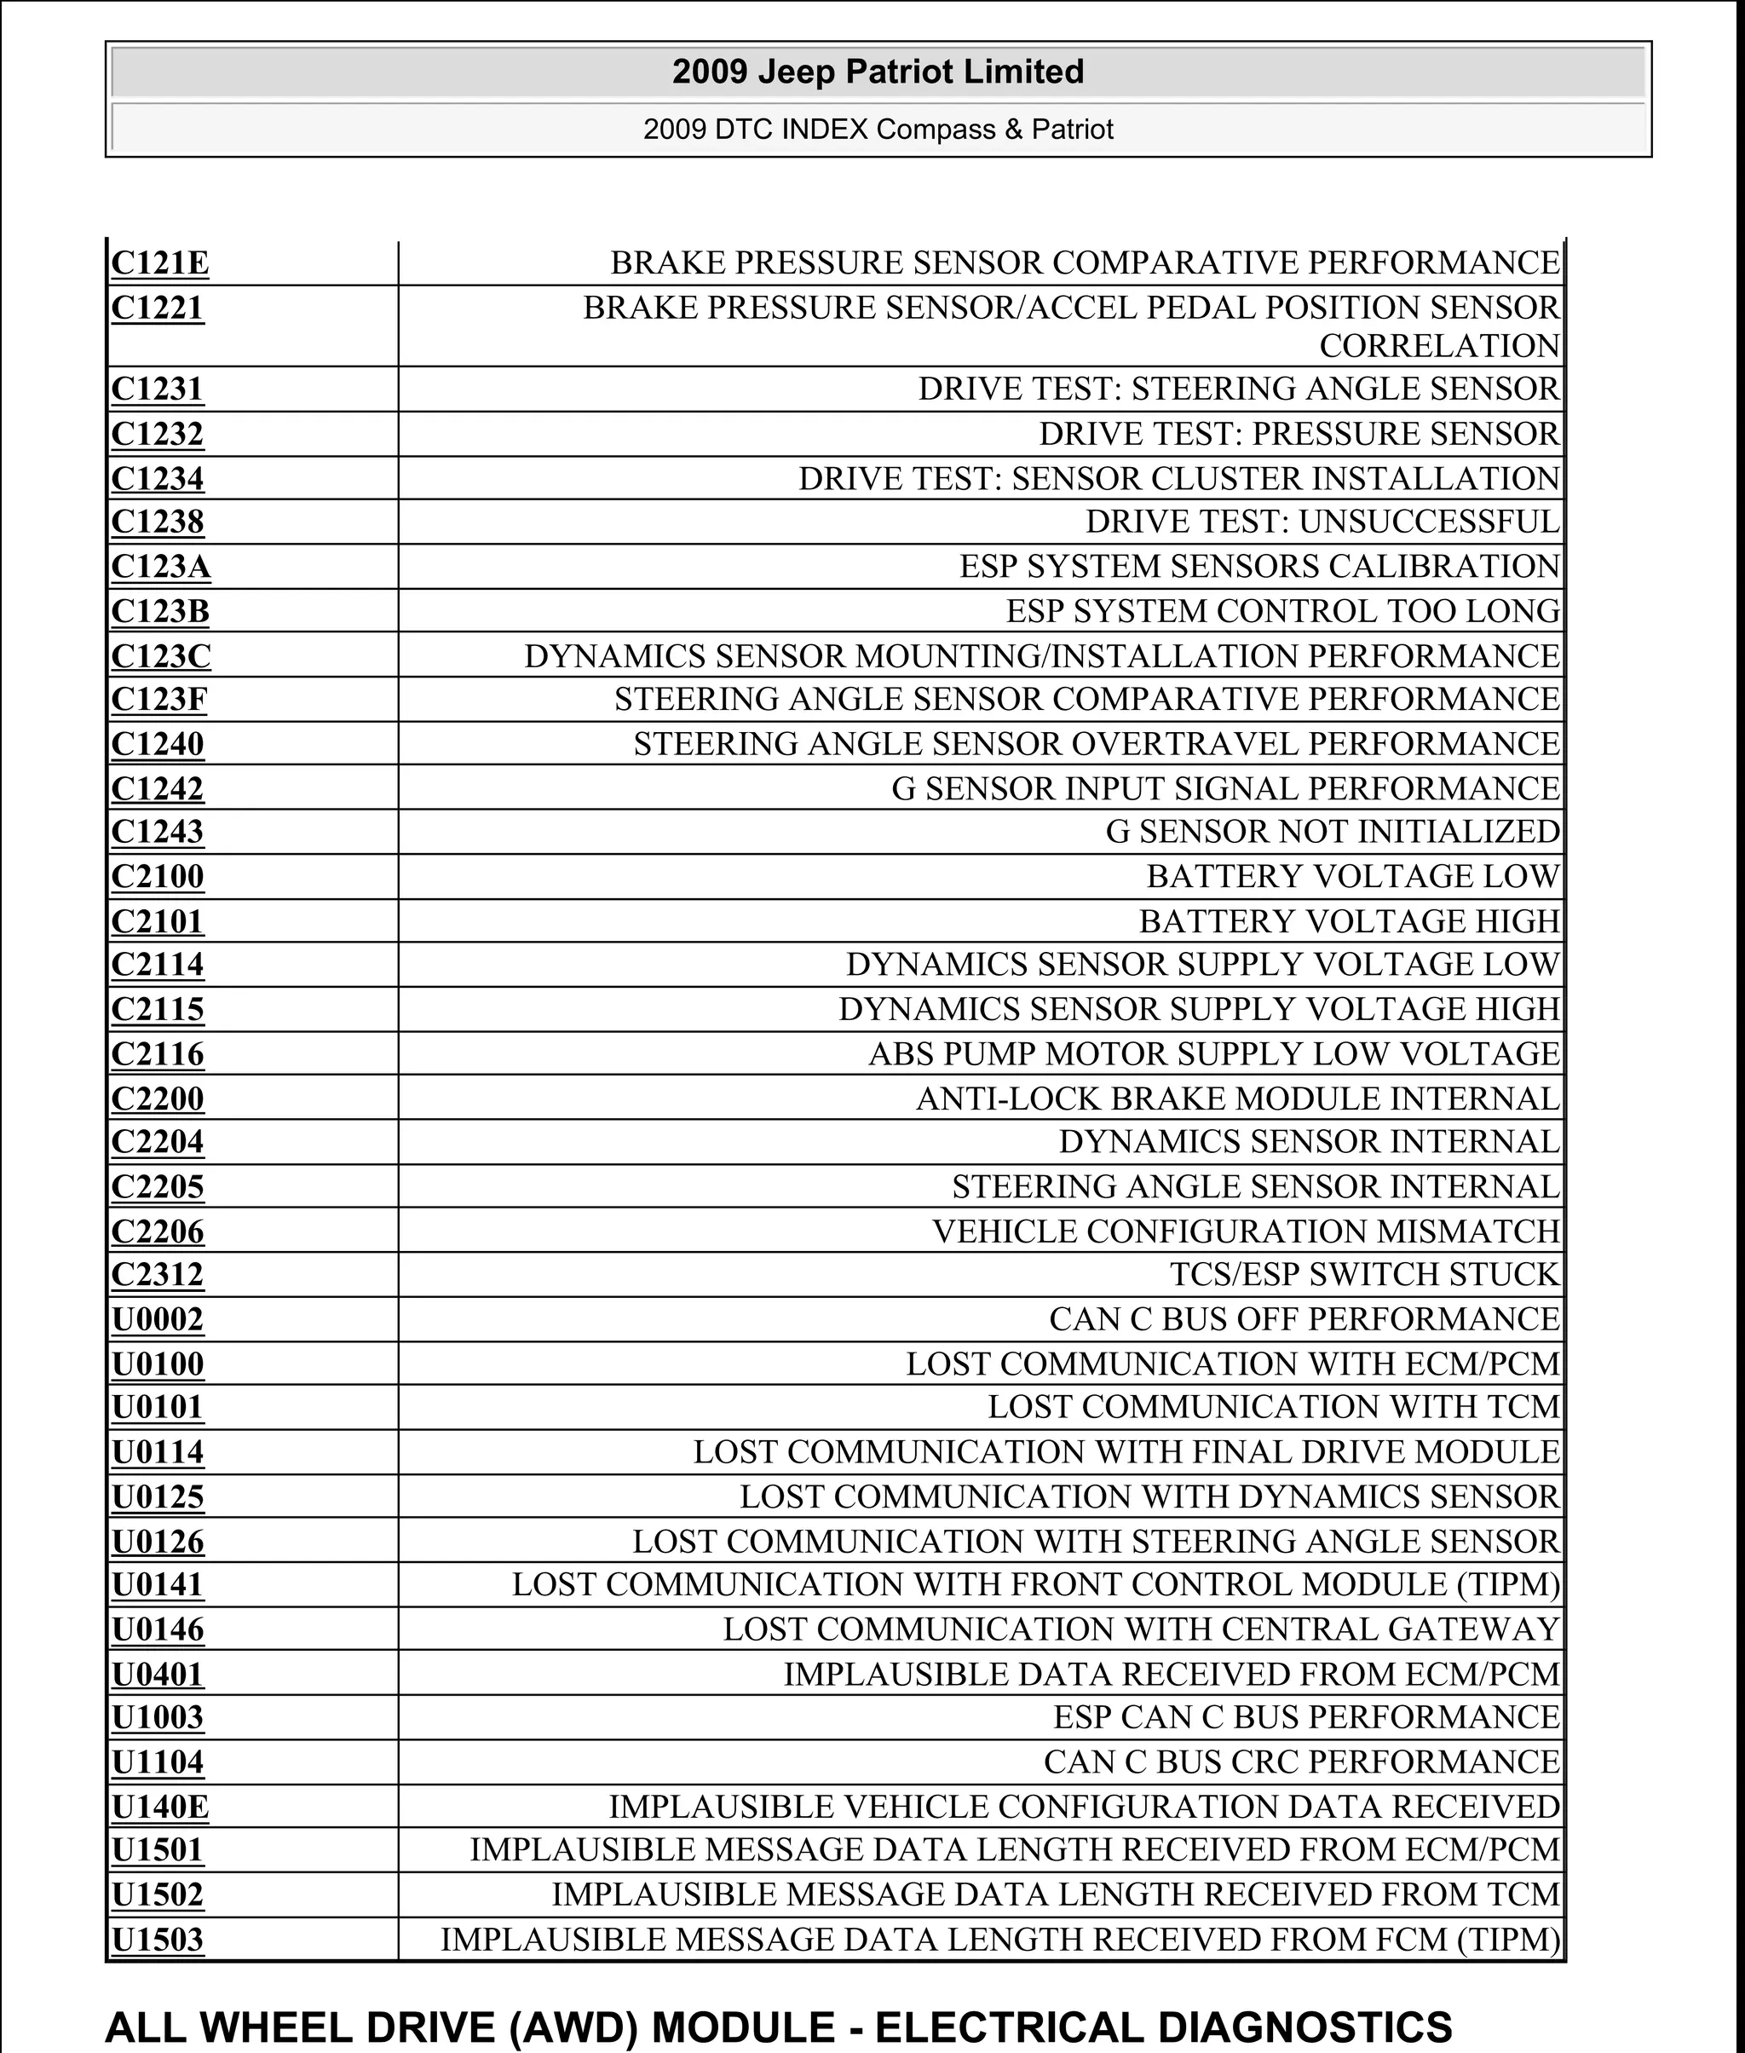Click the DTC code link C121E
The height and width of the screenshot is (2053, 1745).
(x=159, y=264)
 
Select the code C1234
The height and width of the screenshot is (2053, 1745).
(x=158, y=479)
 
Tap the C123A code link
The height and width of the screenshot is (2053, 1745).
(x=160, y=567)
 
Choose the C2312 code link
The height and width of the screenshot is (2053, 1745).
(x=158, y=1274)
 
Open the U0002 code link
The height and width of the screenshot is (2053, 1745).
(x=158, y=1320)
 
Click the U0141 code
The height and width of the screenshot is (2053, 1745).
(x=158, y=1584)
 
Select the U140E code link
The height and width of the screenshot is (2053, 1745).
(x=160, y=1807)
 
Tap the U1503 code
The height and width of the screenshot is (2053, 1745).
(x=158, y=1939)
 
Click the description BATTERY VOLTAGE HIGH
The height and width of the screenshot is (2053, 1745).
(x=1350, y=921)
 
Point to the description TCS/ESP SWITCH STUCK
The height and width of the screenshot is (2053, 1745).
(x=1364, y=1274)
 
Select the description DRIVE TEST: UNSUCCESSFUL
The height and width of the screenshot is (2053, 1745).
(x=1322, y=522)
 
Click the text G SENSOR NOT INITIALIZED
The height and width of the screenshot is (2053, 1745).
(x=1333, y=832)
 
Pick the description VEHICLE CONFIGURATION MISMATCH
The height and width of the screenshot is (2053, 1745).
(x=1247, y=1231)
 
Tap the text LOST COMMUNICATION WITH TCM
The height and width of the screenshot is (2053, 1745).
(x=1273, y=1407)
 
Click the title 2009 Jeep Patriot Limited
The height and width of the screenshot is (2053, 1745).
(x=878, y=72)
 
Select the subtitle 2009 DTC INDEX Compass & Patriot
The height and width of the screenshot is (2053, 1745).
(x=878, y=130)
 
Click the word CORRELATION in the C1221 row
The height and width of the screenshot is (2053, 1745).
(x=1439, y=346)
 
